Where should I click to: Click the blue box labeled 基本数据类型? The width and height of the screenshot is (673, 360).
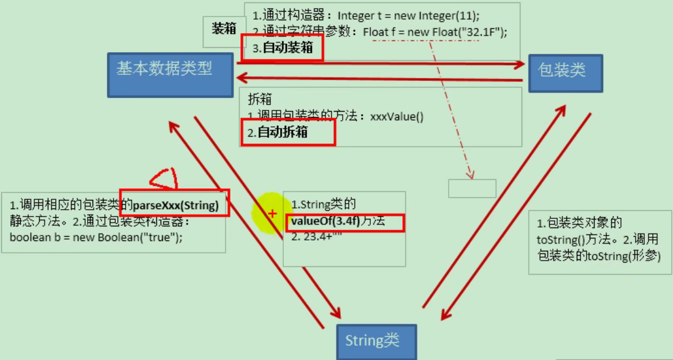coord(170,74)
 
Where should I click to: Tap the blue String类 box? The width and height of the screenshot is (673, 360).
coord(376,341)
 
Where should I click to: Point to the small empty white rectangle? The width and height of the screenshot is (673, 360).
coord(471,188)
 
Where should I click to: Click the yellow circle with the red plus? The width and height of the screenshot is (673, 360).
coord(273,213)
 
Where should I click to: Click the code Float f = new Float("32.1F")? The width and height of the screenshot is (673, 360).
coord(435,32)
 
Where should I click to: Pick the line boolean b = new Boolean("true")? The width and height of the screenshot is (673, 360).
coord(96,237)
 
